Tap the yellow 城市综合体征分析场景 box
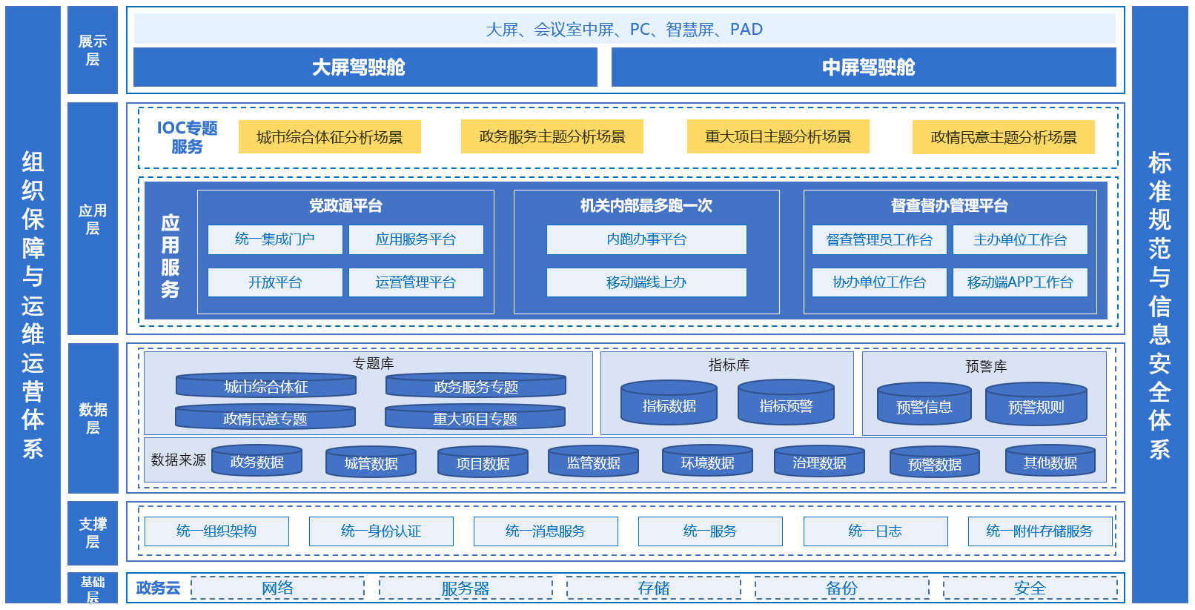[329, 137]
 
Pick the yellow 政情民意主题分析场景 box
[1003, 137]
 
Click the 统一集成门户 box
[275, 239]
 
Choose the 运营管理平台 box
[416, 282]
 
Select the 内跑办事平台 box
[646, 239]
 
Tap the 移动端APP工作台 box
[1020, 282]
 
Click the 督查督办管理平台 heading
[950, 205]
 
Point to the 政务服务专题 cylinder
[475, 386]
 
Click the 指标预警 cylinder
[786, 404]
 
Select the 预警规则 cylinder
[1036, 405]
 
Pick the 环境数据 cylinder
[707, 462]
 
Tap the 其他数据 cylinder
[1050, 462]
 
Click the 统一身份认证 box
[381, 531]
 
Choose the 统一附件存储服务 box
[1039, 531]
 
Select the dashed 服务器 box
[466, 589]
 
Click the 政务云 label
[158, 589]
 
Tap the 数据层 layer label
[93, 418]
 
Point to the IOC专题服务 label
[187, 137]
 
